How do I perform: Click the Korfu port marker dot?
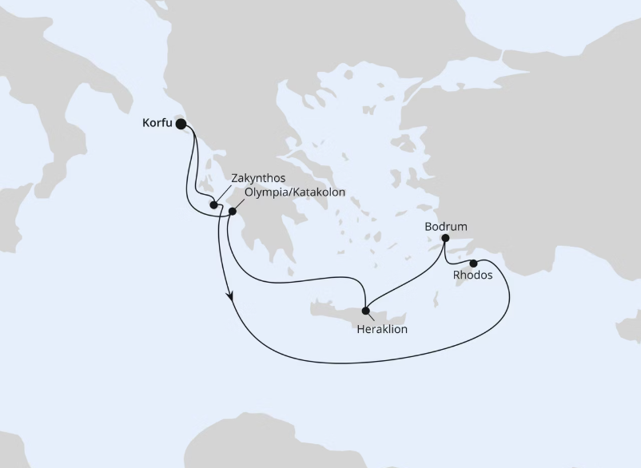pos(181,124)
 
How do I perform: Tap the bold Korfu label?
pos(157,123)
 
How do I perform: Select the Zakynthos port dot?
pos(213,205)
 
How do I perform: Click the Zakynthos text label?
pos(257,178)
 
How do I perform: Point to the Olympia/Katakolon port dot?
pos(233,212)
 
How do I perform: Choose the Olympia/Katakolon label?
pos(296,192)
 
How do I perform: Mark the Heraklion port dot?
pos(365,311)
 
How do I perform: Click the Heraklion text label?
pos(383,329)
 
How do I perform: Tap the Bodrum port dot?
pos(445,238)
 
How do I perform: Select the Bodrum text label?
pos(446,227)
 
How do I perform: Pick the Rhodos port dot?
pos(473,264)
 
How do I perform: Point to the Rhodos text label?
pos(472,276)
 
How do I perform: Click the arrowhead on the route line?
pos(231,297)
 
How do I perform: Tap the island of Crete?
pos(336,311)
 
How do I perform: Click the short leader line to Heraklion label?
pos(372,317)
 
